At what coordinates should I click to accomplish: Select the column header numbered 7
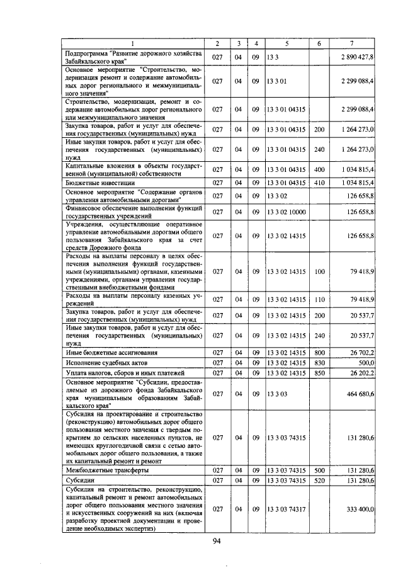pyautogui.click(x=352, y=43)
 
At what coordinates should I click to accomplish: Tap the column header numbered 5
pyautogui.click(x=287, y=43)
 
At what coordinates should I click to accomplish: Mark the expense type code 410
pyautogui.click(x=319, y=182)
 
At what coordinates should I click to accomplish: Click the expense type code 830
pyautogui.click(x=319, y=363)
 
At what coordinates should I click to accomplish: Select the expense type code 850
pyautogui.click(x=319, y=373)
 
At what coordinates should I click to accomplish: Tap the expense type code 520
pyautogui.click(x=319, y=480)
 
